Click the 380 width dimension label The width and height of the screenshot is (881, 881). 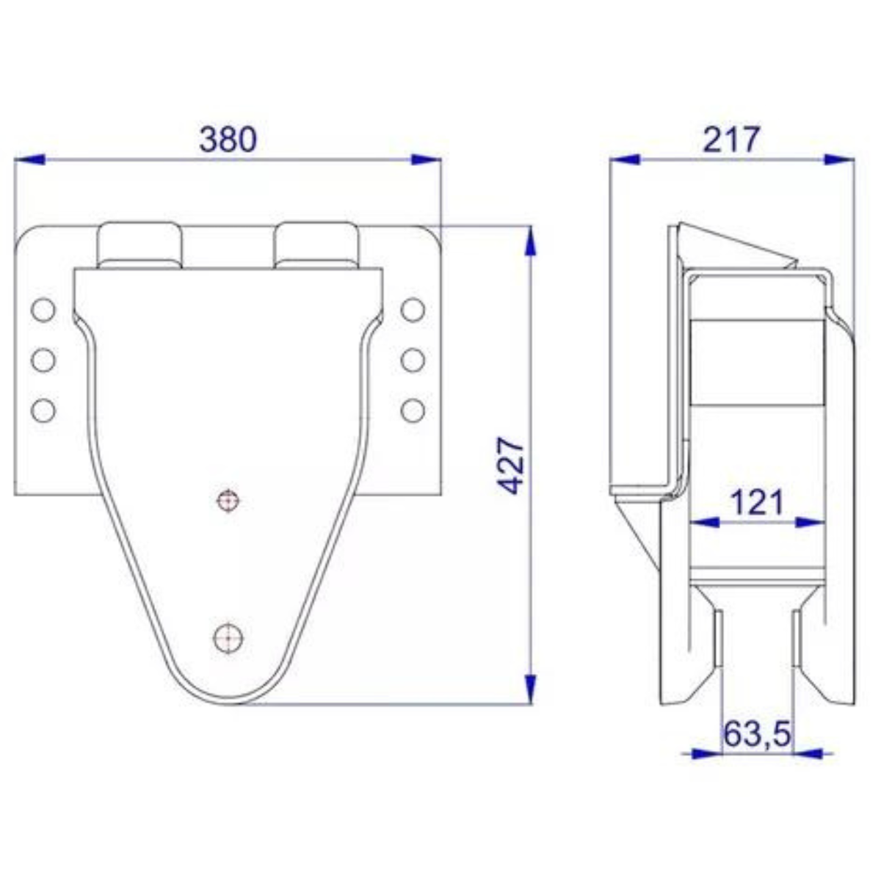click(228, 139)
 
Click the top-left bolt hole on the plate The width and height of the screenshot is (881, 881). click(43, 310)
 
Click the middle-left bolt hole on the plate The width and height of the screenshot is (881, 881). click(43, 360)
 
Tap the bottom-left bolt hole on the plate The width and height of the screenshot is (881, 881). click(43, 409)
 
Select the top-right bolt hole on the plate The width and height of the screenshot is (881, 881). click(413, 310)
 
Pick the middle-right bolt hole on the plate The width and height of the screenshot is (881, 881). click(413, 360)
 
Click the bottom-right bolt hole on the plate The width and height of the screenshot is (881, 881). click(413, 409)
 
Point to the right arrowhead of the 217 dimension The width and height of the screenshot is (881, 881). click(841, 159)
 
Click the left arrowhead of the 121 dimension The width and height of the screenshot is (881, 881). click(705, 522)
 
